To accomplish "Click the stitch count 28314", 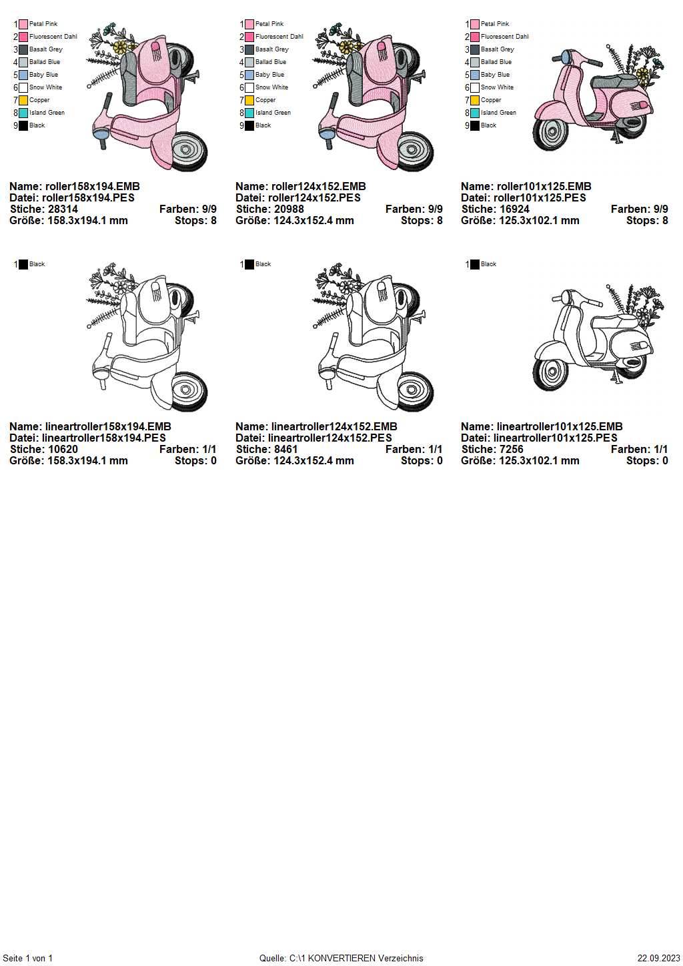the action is [x=61, y=209].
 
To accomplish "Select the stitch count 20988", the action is [x=287, y=209].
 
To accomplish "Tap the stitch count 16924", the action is [x=512, y=209].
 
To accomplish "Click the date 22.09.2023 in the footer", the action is [x=658, y=958].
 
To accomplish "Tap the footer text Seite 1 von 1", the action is [x=27, y=958].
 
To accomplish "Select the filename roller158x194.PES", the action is [x=89, y=198].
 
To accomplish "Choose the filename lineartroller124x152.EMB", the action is [x=334, y=427].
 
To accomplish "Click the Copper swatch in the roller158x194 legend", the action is [x=23, y=101].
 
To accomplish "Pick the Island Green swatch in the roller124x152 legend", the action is [x=249, y=113].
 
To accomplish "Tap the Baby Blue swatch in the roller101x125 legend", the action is [x=475, y=75].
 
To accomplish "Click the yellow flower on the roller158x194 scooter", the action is [x=119, y=47].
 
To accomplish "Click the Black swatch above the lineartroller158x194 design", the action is [x=23, y=264].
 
